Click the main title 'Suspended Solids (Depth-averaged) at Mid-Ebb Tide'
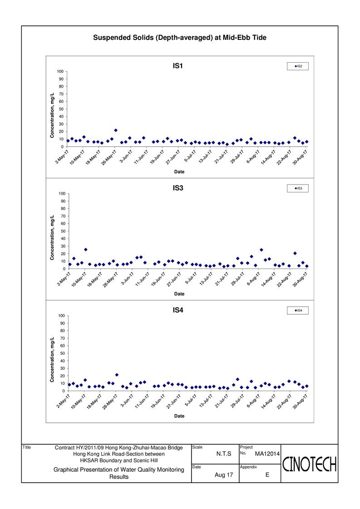pos(180,38)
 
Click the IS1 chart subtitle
pos(178,66)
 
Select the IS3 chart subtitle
pos(178,188)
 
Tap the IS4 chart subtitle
pos(178,310)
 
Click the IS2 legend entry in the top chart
pos(298,66)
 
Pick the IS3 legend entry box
pos(298,188)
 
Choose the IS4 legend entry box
pos(298,310)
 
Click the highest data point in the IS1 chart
pos(116,130)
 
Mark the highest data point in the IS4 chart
pos(117,375)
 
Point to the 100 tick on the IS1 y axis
pos(60,71)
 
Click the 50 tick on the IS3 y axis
pos(63,231)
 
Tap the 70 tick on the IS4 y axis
pos(63,338)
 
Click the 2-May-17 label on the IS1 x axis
pos(62,157)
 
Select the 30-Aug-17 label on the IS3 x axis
pos(300,279)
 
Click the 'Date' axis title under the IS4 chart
pos(179,416)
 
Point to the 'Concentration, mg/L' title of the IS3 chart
pos(52,237)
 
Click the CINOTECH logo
pos(309,464)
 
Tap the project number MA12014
pos(267,454)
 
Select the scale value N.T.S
pos(224,454)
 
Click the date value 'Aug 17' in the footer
pos(224,475)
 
